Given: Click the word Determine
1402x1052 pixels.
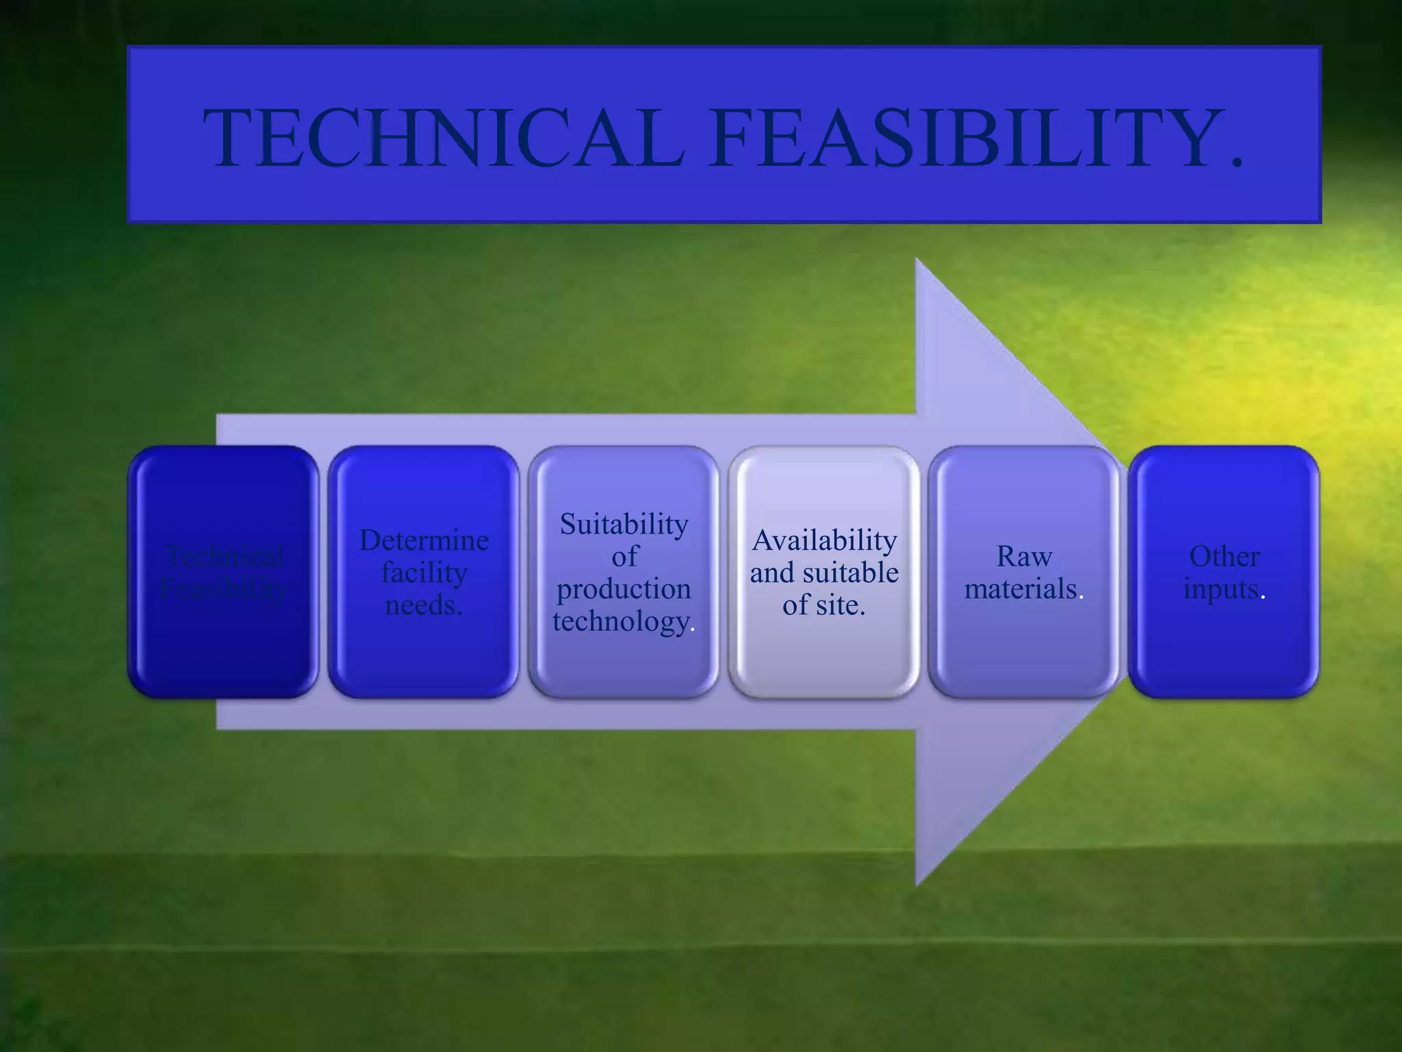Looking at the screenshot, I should tap(424, 540).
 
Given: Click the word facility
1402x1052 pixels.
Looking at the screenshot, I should tap(424, 573).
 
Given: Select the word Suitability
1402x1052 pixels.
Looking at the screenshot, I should tap(624, 525).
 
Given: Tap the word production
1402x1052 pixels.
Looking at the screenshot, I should tap(624, 589).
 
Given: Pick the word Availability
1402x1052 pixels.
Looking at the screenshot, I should tap(824, 540).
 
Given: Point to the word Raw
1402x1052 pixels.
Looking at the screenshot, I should tap(1023, 556).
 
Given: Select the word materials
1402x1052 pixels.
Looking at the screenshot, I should tap(1020, 589).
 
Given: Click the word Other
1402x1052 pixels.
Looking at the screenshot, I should tap(1224, 556).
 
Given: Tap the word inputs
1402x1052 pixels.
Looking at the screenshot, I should tap(1221, 589).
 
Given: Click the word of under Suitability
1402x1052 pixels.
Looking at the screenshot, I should tap(624, 556).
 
